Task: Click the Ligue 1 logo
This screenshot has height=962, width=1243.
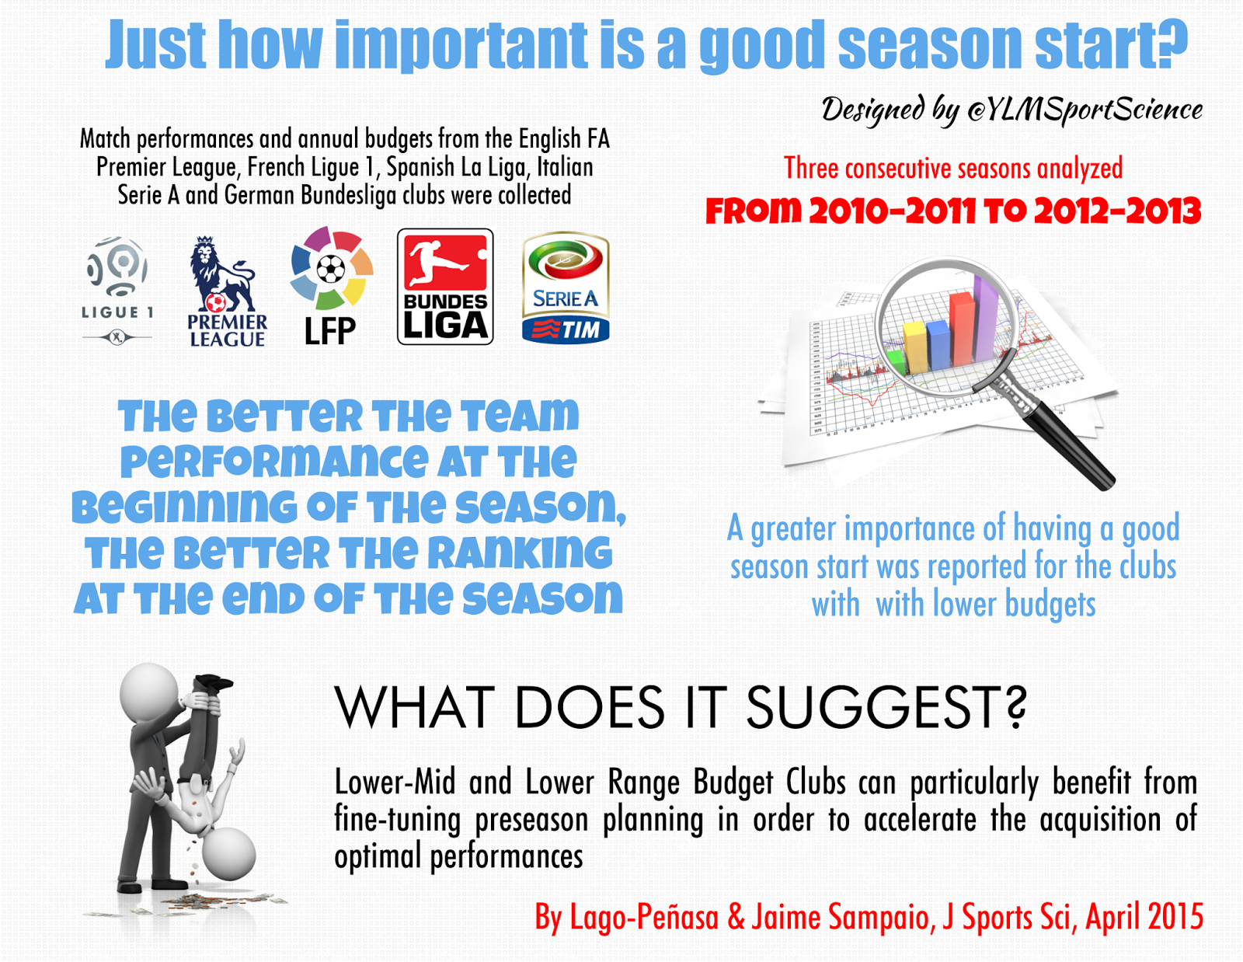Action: coord(117,290)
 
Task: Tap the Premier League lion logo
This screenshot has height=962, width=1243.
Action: coord(227,291)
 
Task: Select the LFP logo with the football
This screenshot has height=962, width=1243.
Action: coord(331,285)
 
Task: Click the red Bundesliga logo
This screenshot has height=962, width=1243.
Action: coord(445,287)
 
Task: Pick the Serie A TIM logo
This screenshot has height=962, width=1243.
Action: coord(566,287)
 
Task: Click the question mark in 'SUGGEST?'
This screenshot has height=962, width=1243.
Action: coord(1015,707)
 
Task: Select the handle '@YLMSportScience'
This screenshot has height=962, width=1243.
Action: coord(1085,110)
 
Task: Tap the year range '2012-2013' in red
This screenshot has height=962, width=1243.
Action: coord(1117,211)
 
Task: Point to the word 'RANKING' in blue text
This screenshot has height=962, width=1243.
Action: coord(520,552)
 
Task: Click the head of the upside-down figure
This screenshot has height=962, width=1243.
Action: coord(229,853)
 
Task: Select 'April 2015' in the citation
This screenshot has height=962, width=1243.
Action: coord(1144,918)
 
